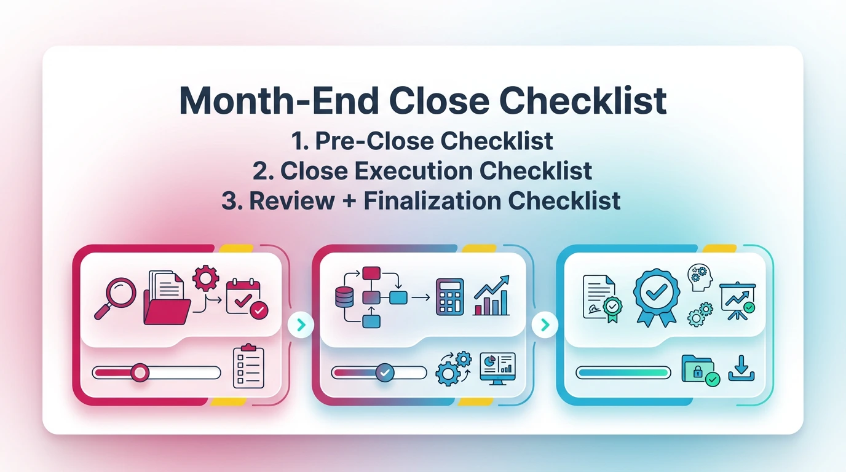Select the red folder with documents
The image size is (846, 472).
coord(167,299)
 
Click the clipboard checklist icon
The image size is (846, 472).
coord(248,367)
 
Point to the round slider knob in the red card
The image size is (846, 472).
coord(140,372)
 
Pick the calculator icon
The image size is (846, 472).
coord(449,298)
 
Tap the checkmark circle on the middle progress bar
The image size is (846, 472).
coord(385,372)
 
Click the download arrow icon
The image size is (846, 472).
coord(741,368)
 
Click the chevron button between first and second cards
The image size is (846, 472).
coord(301,325)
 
